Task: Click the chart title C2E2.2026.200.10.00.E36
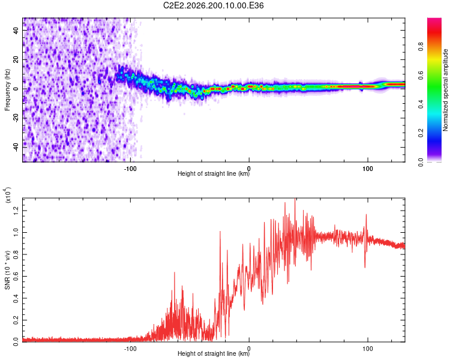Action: tap(213, 5)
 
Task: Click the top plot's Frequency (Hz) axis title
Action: tap(7, 90)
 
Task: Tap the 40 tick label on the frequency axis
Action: tap(16, 31)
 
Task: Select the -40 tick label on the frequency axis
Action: tap(16, 146)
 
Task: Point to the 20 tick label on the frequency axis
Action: tap(16, 60)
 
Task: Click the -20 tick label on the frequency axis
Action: tap(16, 118)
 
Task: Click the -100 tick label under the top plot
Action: tap(130, 169)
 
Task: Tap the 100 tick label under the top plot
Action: tap(368, 169)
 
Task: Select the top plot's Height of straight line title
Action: tap(214, 173)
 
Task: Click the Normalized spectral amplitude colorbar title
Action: tap(445, 90)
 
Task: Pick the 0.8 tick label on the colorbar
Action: tap(421, 47)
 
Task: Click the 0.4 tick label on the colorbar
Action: tap(421, 104)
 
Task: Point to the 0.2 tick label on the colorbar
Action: tap(421, 133)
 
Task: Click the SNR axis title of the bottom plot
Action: tap(7, 270)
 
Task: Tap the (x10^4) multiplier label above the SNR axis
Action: tap(8, 195)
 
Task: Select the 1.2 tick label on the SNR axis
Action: tap(16, 211)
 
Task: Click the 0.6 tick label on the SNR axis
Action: tap(16, 276)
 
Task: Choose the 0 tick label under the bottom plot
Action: tap(249, 349)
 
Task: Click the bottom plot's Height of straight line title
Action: tap(214, 353)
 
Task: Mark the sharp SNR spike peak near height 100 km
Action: tap(366, 214)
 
